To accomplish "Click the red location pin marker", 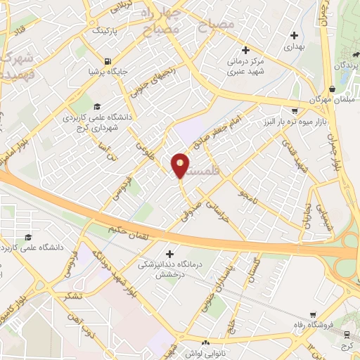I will click(181, 165).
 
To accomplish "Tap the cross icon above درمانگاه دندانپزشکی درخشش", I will click(168, 253).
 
